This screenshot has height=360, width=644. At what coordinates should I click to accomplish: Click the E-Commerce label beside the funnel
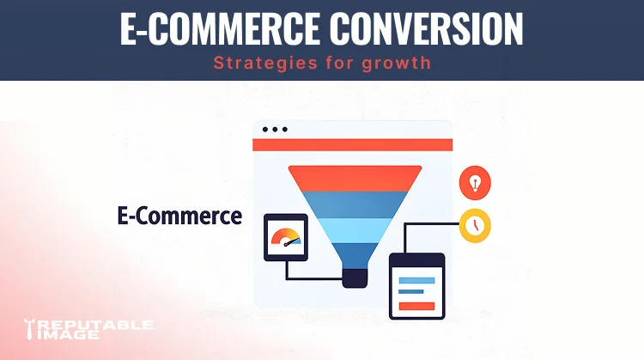pos(179,216)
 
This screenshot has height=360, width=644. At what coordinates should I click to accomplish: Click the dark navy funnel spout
pos(355,278)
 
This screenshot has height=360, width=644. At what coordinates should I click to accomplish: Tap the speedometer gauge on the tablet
pos(285,239)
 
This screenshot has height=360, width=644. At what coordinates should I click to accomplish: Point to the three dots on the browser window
pos(274,130)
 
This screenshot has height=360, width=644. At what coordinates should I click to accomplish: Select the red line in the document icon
pos(416,304)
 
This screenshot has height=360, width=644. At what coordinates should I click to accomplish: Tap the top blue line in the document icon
pos(417,279)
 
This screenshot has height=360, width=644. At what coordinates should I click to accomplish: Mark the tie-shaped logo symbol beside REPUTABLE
pos(30,328)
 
